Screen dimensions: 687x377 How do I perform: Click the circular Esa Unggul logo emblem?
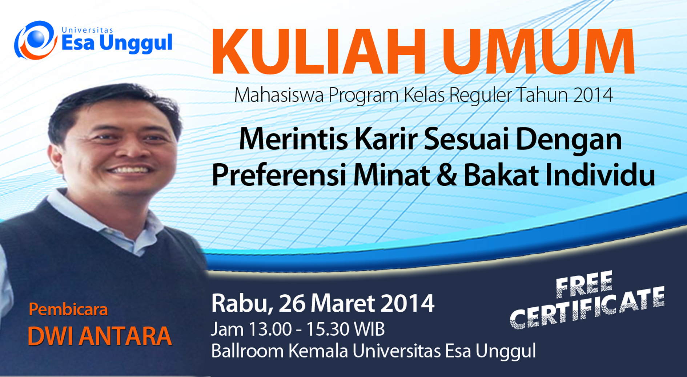coord(36,40)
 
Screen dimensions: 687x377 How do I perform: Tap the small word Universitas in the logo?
coord(88,30)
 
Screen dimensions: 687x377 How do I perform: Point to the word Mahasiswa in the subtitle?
coord(279,95)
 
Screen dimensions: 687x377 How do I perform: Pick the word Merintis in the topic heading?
coord(293,139)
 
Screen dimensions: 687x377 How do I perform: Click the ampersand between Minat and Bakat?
coord(447,176)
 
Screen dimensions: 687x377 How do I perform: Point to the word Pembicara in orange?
coord(68,310)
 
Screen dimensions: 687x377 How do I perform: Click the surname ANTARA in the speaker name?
coord(125,336)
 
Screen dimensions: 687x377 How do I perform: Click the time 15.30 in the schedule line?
coord(328,329)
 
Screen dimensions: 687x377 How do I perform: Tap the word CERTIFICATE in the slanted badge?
coord(587,309)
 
